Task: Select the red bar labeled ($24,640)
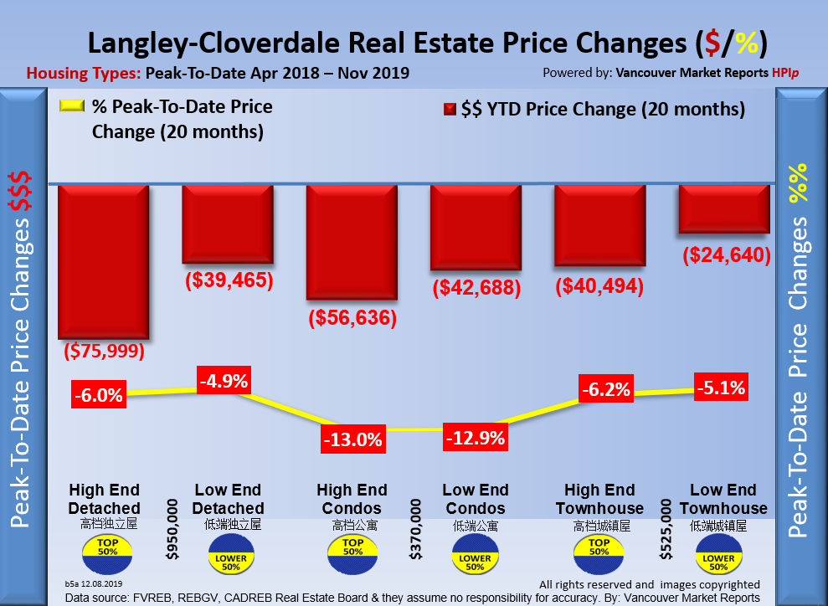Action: [723, 208]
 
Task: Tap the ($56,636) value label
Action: [352, 318]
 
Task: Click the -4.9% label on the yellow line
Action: [224, 382]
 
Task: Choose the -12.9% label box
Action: [476, 436]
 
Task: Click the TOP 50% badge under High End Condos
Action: [352, 547]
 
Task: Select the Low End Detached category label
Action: [229, 499]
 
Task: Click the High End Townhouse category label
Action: [599, 499]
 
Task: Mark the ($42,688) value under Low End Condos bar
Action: [476, 288]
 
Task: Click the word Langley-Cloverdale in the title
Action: [218, 43]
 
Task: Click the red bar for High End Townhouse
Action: [599, 226]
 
